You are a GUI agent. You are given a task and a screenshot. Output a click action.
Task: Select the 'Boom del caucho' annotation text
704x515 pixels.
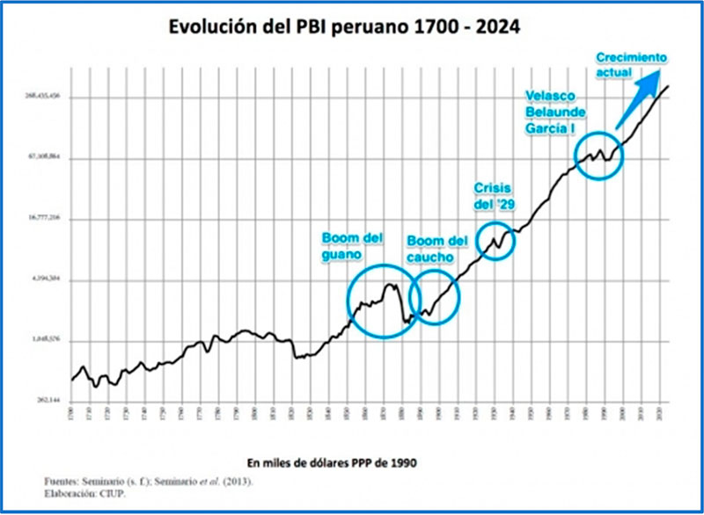(x=436, y=249)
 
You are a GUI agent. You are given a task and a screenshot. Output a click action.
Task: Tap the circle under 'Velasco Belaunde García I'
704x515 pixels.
(x=599, y=156)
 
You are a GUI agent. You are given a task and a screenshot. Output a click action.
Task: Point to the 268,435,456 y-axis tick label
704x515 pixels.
(x=42, y=96)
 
